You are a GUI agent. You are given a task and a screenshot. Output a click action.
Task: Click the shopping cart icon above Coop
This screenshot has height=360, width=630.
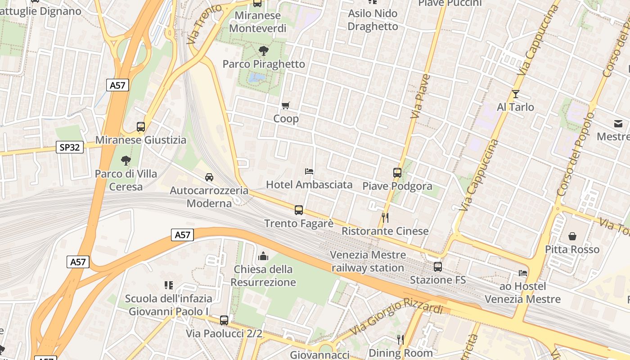[x=286, y=106]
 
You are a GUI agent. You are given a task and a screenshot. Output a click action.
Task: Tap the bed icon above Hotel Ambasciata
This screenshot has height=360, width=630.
[x=309, y=171]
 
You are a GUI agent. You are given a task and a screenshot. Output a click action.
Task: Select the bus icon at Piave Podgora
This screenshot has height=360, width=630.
[x=397, y=173]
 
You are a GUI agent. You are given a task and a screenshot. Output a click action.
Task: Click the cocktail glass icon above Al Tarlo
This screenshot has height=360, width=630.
[x=516, y=94]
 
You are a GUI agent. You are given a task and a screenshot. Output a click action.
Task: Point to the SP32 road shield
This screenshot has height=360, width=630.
[x=70, y=147]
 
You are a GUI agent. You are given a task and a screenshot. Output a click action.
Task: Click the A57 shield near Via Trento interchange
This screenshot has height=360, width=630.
[x=118, y=85]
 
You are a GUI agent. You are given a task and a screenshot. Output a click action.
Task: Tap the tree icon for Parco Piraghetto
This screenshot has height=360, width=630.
[x=264, y=51]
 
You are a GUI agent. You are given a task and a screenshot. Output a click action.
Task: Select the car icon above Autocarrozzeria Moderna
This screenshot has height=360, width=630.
[x=209, y=177]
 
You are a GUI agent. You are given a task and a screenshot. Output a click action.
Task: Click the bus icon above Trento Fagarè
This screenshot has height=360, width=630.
[x=299, y=210]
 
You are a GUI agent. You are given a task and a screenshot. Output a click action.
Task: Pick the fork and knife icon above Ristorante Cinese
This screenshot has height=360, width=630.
[x=385, y=218]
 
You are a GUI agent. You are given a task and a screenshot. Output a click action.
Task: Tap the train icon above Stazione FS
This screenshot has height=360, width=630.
[x=438, y=267]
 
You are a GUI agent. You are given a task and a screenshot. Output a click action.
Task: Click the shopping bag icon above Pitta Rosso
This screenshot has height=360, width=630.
[x=572, y=236]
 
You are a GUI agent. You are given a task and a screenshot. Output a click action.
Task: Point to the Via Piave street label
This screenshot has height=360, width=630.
[x=420, y=97]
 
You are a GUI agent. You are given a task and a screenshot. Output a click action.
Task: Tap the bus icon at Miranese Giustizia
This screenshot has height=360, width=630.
[x=141, y=127]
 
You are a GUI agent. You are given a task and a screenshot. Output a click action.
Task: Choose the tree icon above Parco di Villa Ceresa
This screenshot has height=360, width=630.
[x=126, y=161]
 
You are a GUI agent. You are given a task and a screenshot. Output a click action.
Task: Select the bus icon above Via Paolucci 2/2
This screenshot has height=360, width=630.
[x=224, y=320]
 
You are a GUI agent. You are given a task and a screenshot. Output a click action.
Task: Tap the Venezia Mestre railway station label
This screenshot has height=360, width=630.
[x=368, y=261]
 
